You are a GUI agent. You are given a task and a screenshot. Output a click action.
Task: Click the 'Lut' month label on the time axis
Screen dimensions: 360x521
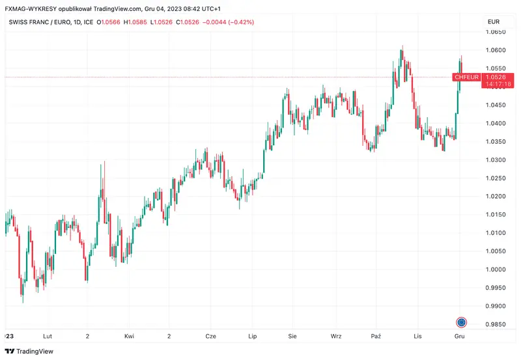(47, 337)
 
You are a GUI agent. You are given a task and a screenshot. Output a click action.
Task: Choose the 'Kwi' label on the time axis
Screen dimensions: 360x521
(129, 337)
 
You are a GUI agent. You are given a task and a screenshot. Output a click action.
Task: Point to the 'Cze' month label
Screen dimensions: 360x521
(210, 337)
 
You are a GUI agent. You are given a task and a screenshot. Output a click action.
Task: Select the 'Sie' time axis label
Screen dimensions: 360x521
(292, 337)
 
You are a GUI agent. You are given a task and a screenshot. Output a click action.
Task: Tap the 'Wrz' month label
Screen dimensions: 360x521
(336, 337)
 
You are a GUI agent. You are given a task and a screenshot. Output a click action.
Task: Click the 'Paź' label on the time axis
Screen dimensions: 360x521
(376, 337)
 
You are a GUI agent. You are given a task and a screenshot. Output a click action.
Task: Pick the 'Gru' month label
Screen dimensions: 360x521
(460, 337)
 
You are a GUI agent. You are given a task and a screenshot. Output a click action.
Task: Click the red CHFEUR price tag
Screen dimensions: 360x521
(467, 77)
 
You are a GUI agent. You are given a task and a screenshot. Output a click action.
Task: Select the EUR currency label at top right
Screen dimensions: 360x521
(494, 22)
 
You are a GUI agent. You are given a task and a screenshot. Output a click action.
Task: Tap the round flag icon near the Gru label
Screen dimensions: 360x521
(461, 322)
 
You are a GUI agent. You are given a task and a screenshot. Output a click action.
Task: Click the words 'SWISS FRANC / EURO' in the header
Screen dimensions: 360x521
(40, 22)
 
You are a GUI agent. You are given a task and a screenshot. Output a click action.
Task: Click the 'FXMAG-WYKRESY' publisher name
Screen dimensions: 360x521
(29, 8)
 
